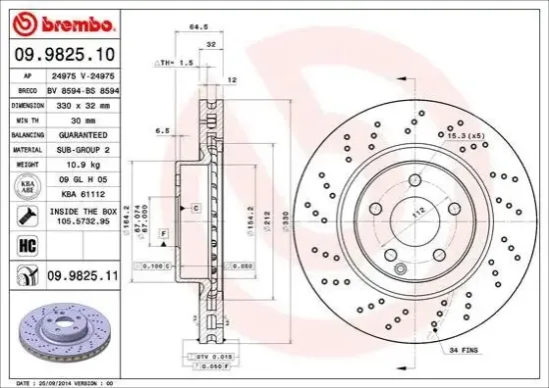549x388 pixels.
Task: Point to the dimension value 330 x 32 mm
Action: pyautogui.click(x=83, y=105)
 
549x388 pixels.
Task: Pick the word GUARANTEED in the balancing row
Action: pyautogui.click(x=83, y=133)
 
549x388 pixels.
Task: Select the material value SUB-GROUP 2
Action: pyautogui.click(x=83, y=147)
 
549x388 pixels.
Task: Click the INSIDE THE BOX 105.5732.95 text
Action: pyautogui.click(x=82, y=217)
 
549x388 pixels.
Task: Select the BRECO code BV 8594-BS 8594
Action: pyautogui.click(x=83, y=90)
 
